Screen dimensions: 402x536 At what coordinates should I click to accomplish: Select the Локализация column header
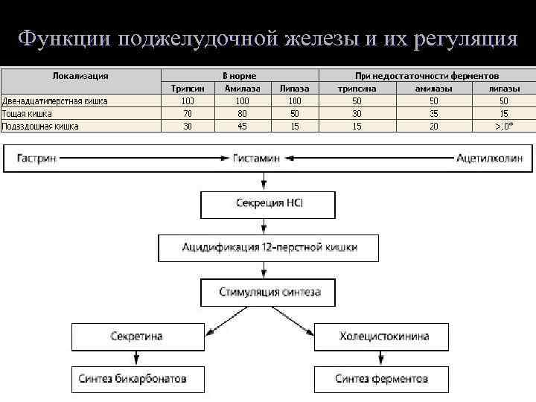[80, 76]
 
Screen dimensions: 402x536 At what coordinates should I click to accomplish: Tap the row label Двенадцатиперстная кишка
[54, 100]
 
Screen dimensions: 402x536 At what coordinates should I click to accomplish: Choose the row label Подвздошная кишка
[40, 126]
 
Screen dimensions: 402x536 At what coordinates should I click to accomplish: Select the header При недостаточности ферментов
[427, 76]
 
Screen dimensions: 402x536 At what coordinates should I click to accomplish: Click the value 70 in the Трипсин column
[187, 113]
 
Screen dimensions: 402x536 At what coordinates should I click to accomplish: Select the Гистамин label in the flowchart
[256, 158]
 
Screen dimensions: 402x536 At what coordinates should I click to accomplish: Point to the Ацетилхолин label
[489, 158]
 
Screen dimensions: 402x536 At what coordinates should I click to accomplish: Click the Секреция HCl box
[268, 203]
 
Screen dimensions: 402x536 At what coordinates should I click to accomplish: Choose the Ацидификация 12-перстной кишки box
[269, 247]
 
